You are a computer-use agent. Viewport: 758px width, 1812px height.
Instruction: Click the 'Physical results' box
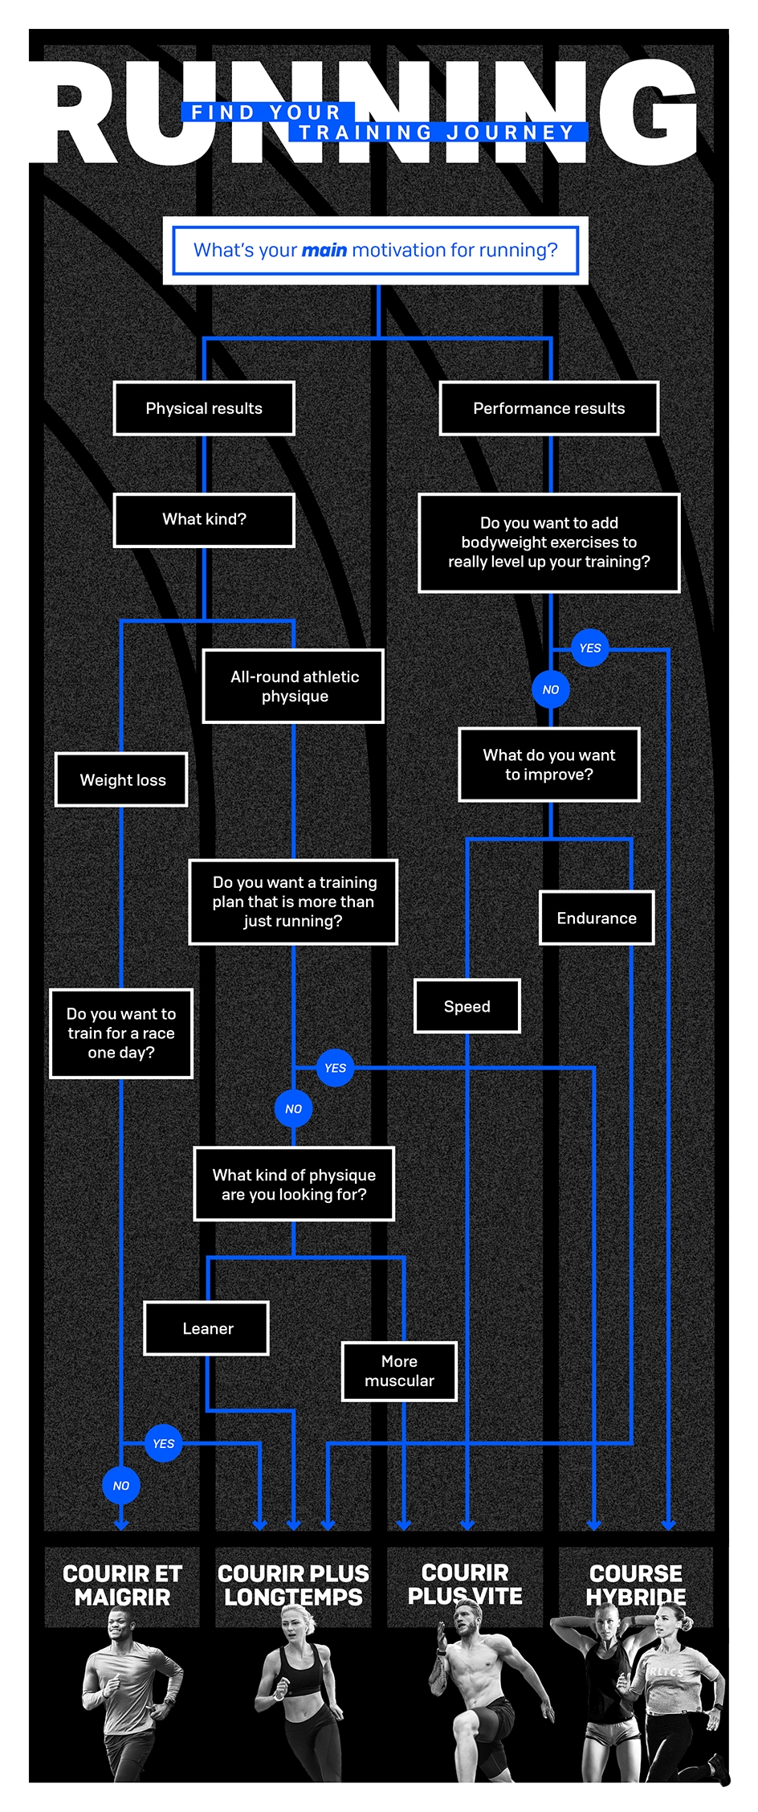click(204, 408)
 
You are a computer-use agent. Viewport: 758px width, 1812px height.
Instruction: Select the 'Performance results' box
click(549, 408)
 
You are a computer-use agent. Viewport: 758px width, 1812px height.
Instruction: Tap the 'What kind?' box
click(204, 520)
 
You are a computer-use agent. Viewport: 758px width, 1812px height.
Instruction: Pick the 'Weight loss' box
click(122, 779)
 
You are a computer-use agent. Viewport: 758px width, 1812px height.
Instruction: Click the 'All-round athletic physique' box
click(294, 686)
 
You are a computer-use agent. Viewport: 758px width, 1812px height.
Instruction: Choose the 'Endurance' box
click(597, 918)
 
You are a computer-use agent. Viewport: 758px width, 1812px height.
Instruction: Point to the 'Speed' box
click(467, 1006)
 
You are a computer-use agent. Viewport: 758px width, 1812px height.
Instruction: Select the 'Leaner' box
click(207, 1328)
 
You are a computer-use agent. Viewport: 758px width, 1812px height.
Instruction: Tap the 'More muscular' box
click(399, 1371)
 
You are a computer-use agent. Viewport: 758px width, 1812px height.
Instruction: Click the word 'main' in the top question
click(324, 251)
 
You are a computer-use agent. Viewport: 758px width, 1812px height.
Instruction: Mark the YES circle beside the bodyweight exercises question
click(590, 648)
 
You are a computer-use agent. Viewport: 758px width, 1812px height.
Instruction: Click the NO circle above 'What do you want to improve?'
click(551, 689)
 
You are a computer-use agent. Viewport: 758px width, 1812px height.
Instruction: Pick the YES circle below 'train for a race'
click(164, 1443)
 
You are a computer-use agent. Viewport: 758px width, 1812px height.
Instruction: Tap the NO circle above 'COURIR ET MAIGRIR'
click(121, 1485)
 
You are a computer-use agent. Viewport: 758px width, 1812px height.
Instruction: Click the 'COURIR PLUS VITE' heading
click(465, 1584)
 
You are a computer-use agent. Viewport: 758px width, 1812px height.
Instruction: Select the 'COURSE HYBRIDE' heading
click(636, 1585)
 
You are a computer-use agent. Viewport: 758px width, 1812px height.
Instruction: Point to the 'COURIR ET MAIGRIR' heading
click(122, 1585)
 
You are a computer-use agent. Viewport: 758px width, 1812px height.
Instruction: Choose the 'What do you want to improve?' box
click(549, 765)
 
